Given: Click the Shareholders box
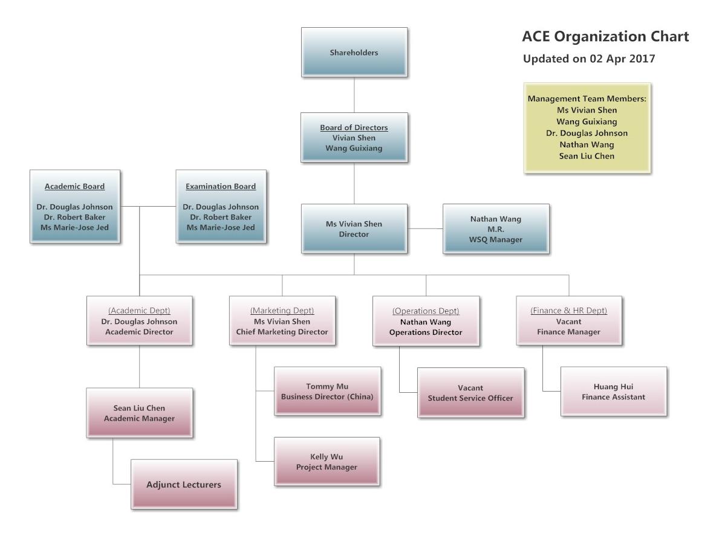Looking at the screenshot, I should click(x=354, y=53).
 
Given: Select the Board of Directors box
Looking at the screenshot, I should click(x=354, y=137).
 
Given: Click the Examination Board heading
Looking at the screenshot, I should click(x=221, y=186).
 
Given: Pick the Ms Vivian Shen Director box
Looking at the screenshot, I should click(x=354, y=228).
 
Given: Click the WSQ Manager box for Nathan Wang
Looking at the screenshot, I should click(x=496, y=228).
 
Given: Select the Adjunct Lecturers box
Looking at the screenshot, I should click(x=184, y=484).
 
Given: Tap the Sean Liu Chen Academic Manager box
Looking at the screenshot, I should click(x=139, y=413).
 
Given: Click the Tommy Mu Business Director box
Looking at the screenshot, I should click(x=327, y=391).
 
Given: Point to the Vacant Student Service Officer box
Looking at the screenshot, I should click(x=470, y=392).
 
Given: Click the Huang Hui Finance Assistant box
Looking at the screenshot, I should click(x=613, y=392).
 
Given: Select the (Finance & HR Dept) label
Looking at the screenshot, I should click(x=568, y=311).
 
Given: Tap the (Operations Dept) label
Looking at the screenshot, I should click(x=426, y=311).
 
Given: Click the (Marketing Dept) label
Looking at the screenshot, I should click(x=282, y=311).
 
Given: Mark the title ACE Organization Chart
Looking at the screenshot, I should click(x=605, y=37).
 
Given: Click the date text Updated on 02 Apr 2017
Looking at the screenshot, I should click(x=588, y=59).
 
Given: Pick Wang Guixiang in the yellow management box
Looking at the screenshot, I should click(x=587, y=121).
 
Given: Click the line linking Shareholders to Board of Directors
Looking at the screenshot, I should click(x=354, y=95).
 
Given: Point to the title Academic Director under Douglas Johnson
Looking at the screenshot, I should click(x=139, y=332).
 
